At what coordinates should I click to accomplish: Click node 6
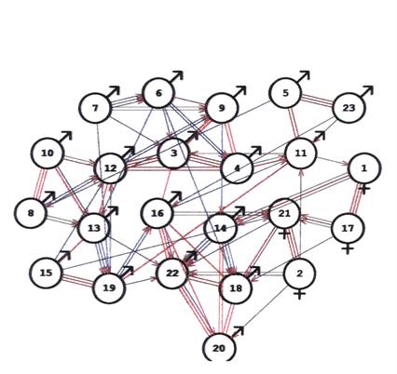[158, 93]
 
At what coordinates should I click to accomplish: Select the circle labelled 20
[219, 348]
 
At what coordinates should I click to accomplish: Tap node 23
[349, 108]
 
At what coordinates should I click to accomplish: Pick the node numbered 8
[31, 213]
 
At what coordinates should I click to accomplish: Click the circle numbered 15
[46, 273]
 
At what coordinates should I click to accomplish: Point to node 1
[364, 168]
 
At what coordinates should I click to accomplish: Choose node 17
[348, 228]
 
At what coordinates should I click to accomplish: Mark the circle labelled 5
[285, 93]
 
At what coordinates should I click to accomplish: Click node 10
[48, 153]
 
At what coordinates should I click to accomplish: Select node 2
[299, 274]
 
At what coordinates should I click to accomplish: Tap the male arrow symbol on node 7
[113, 92]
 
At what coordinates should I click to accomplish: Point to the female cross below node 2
[299, 294]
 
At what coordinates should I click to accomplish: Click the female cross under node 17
[348, 248]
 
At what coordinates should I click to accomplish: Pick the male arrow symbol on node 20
[238, 332]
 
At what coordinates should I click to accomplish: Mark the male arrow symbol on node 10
[65, 137]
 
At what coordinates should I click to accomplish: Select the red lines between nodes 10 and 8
[40, 183]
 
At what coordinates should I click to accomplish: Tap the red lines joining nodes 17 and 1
[356, 198]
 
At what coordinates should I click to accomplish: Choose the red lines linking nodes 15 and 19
[77, 280]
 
